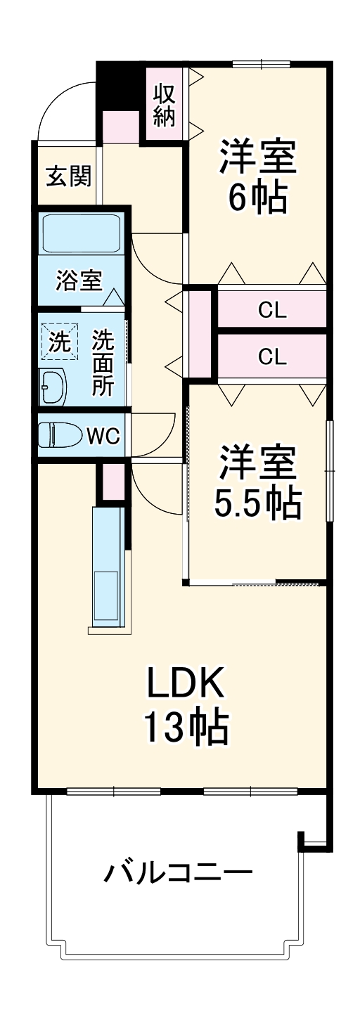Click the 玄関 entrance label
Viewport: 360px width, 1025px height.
pyautogui.click(x=69, y=176)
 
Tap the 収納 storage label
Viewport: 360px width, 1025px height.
pyautogui.click(x=164, y=105)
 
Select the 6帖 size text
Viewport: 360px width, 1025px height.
pyautogui.click(x=257, y=199)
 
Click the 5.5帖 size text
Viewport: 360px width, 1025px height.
pyautogui.click(x=257, y=502)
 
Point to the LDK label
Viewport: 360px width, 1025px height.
pyautogui.click(x=186, y=681)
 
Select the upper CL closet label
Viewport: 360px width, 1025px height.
pyautogui.click(x=271, y=310)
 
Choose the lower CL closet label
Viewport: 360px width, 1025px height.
pyautogui.click(x=271, y=358)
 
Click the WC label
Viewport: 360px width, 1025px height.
pyautogui.click(x=103, y=436)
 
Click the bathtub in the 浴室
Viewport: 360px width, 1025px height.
pyautogui.click(x=80, y=233)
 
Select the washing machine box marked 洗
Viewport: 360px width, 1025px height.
pyautogui.click(x=59, y=342)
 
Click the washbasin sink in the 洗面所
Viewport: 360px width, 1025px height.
pyautogui.click(x=53, y=386)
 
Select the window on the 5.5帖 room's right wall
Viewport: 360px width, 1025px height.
pyautogui.click(x=329, y=470)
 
